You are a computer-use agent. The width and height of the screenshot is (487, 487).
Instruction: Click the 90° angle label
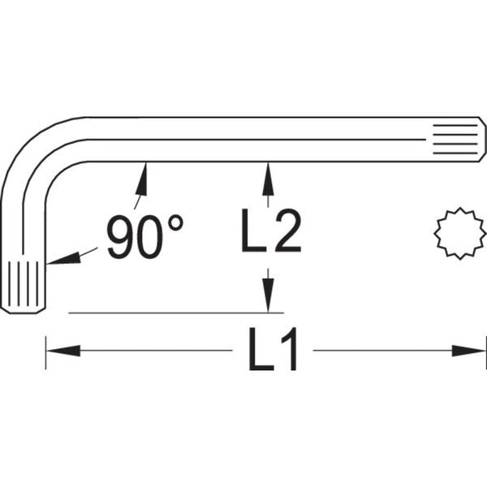click(144, 237)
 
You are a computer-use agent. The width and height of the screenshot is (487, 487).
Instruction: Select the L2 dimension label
click(270, 232)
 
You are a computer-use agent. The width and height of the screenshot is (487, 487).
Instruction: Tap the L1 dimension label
click(273, 351)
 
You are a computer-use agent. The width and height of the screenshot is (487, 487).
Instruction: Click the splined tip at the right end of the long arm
click(457, 139)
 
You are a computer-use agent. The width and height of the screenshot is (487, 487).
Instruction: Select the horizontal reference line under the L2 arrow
click(175, 312)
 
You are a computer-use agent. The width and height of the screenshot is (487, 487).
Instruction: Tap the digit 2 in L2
click(287, 232)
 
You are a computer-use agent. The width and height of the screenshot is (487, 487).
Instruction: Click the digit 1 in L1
click(290, 351)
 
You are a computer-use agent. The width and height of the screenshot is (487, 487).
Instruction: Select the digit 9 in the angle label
click(121, 238)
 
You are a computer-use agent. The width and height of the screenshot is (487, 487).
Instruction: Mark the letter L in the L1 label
click(258, 351)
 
